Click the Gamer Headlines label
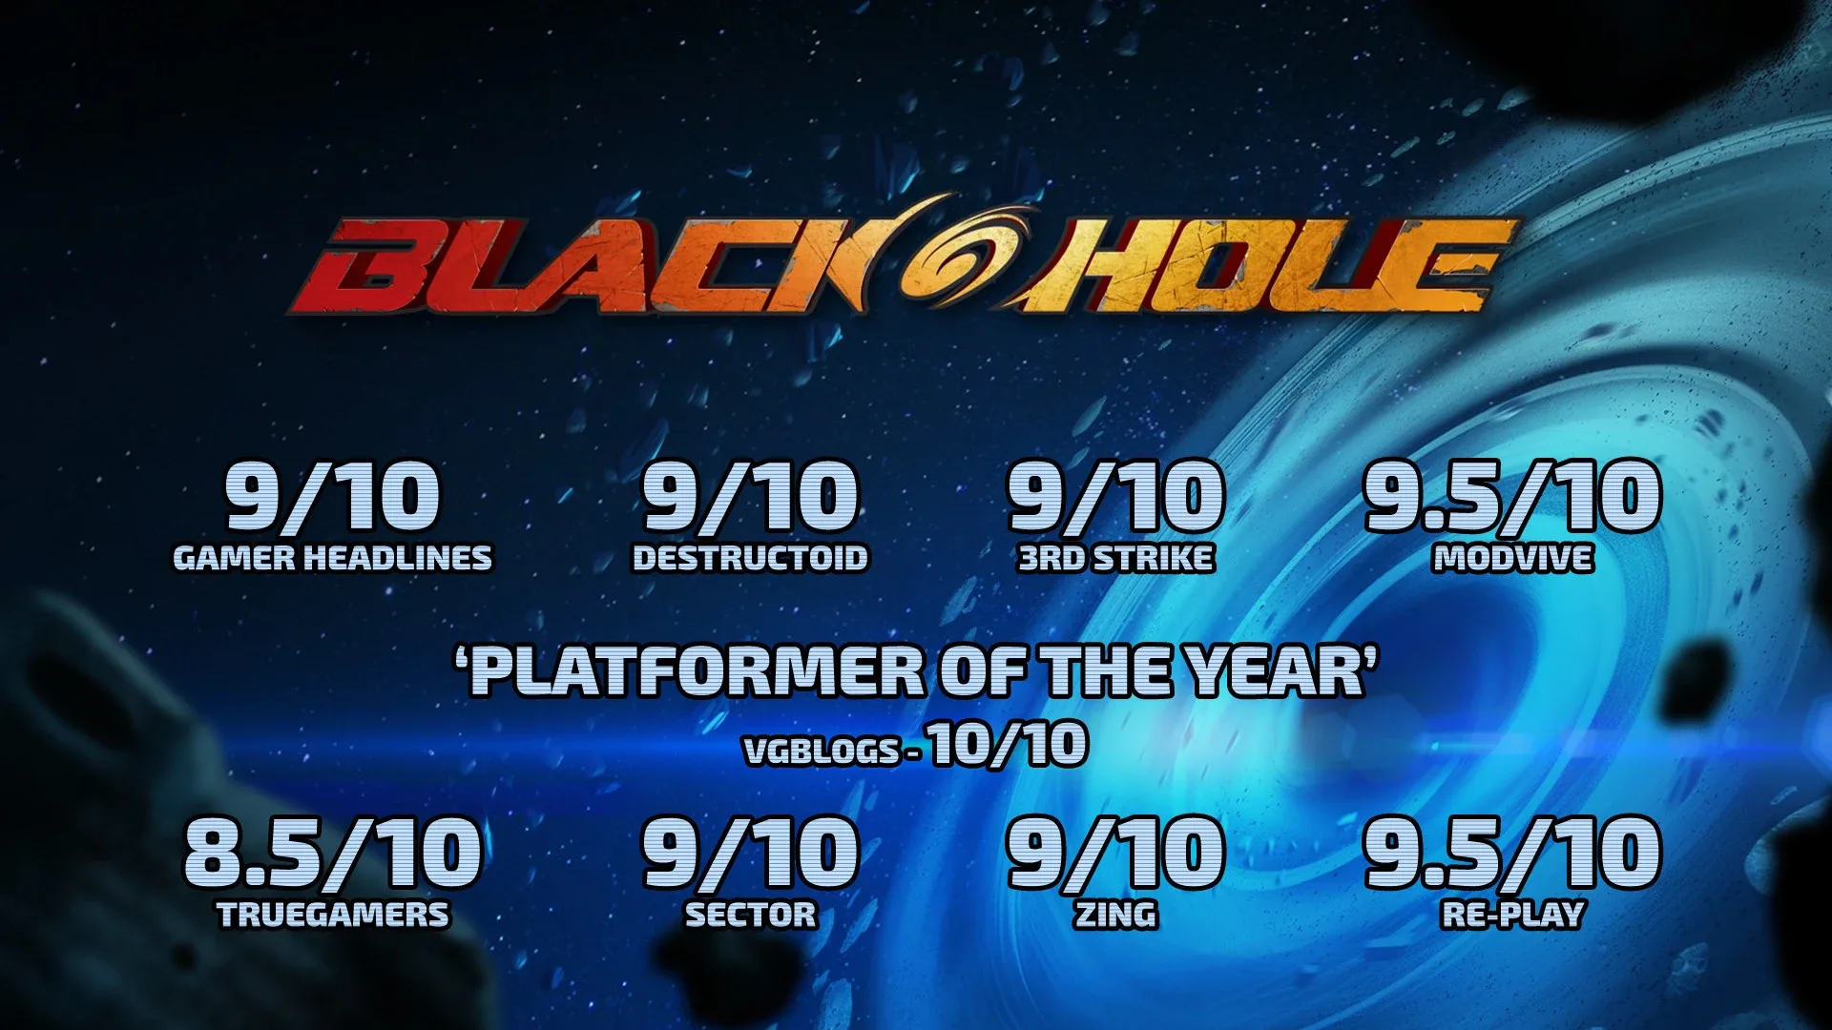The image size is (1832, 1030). [332, 558]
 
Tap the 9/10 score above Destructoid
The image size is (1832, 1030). [750, 496]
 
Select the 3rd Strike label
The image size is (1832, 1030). [1115, 558]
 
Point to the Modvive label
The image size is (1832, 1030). [1512, 558]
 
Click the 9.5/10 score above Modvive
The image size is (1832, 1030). [1512, 496]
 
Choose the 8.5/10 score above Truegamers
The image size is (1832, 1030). [332, 852]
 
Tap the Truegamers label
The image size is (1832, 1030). [333, 915]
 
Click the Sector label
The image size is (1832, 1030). [751, 915]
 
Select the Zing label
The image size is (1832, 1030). [1115, 915]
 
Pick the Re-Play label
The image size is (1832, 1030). [1512, 915]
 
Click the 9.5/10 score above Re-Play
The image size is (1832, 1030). [1512, 852]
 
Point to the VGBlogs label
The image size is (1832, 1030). [822, 752]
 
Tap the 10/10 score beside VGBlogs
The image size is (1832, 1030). [1008, 745]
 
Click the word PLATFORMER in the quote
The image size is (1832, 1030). [697, 670]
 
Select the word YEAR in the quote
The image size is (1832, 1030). [1277, 670]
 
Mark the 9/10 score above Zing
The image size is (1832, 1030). [1115, 852]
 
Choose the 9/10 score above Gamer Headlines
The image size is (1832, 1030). [332, 496]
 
